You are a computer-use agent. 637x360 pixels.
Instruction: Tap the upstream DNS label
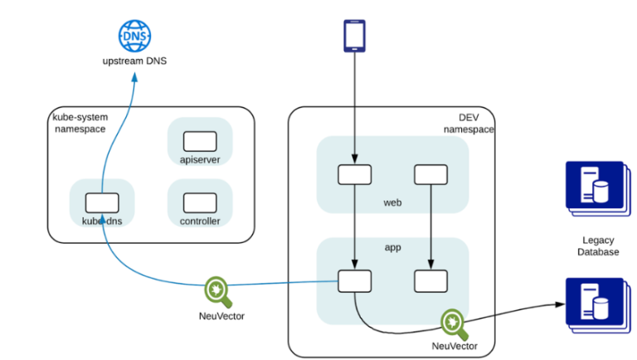pyautogui.click(x=135, y=61)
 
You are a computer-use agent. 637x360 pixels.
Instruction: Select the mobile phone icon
pyautogui.click(x=355, y=36)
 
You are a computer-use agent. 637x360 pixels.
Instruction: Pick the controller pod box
pyautogui.click(x=200, y=201)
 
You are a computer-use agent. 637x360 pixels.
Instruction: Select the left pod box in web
pyautogui.click(x=354, y=174)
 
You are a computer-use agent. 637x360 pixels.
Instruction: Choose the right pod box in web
pyautogui.click(x=431, y=174)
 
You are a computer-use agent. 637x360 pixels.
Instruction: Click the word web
pyautogui.click(x=392, y=202)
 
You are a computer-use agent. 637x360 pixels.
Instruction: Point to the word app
pyautogui.click(x=392, y=247)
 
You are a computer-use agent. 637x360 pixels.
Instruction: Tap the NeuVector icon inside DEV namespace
pyautogui.click(x=455, y=322)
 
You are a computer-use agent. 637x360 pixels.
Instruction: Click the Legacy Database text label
pyautogui.click(x=594, y=246)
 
